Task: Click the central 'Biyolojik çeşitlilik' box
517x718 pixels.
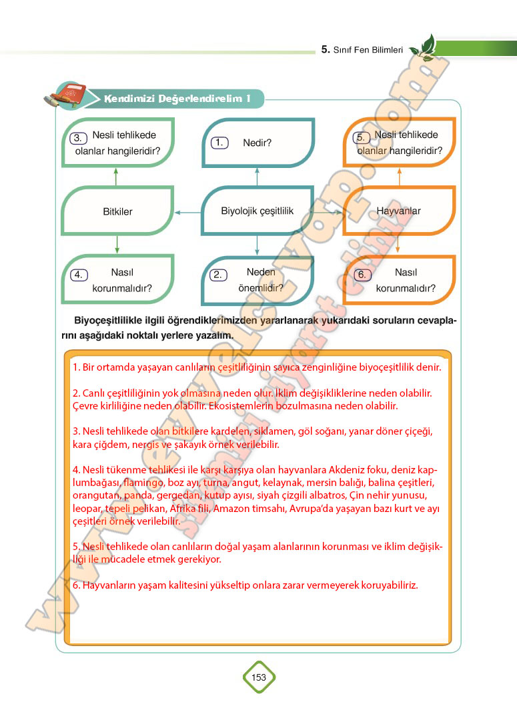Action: click(x=257, y=211)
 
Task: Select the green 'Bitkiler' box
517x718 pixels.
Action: click(x=117, y=211)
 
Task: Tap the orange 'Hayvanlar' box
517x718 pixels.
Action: click(x=399, y=211)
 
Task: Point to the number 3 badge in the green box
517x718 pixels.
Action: click(x=78, y=138)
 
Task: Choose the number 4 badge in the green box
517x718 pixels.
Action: click(x=78, y=275)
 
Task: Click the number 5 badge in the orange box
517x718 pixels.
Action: click(x=361, y=137)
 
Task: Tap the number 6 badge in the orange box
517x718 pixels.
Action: click(x=361, y=275)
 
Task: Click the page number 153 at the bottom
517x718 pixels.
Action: click(x=259, y=677)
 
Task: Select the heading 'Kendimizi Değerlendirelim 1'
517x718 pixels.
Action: click(x=177, y=99)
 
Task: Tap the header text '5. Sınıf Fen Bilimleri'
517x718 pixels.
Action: click(x=362, y=49)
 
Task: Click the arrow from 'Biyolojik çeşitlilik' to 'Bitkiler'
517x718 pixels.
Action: click(x=187, y=212)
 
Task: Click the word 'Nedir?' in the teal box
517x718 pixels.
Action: click(x=257, y=143)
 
